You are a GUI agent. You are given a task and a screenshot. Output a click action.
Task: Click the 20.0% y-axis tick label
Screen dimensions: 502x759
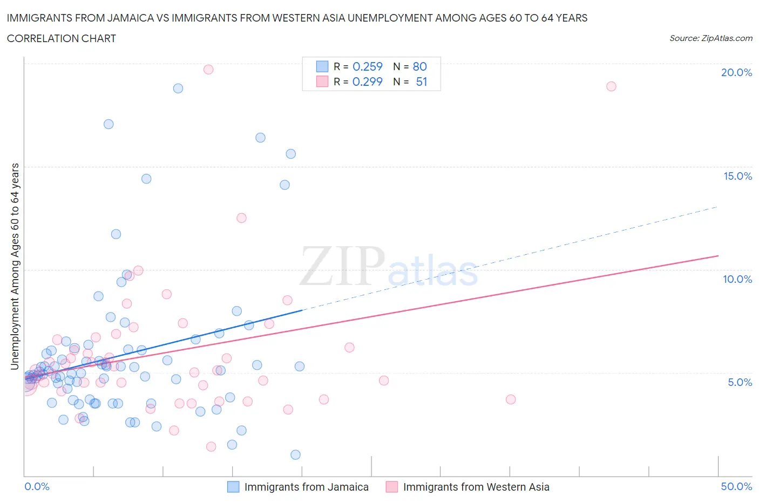click(736, 72)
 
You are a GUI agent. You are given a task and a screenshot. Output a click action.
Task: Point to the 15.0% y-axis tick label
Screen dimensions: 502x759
click(737, 176)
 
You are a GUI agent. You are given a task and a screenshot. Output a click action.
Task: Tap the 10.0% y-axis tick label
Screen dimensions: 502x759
click(737, 279)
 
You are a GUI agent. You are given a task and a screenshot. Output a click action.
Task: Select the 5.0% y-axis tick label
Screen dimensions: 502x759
click(740, 382)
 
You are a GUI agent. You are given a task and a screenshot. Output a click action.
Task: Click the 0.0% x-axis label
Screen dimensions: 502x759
click(37, 486)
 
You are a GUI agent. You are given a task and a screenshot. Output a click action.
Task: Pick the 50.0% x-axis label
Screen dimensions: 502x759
click(736, 486)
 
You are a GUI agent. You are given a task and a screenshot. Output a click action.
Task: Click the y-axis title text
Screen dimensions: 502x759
click(15, 267)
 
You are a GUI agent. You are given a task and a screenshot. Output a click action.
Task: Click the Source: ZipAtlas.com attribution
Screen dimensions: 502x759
click(710, 38)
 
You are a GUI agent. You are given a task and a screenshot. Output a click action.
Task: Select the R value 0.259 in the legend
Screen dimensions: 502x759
click(367, 66)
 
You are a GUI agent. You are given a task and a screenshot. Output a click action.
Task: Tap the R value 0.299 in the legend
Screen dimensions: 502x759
click(367, 82)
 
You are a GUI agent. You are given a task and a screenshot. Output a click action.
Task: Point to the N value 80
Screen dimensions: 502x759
click(419, 66)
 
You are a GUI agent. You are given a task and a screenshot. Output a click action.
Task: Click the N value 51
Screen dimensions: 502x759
click(421, 82)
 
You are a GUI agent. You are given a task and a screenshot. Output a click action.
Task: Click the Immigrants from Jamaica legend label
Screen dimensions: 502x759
click(306, 487)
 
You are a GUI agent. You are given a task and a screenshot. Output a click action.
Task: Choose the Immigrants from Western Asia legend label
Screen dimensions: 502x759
click(476, 487)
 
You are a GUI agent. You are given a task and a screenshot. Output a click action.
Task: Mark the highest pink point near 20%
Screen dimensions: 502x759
click(208, 69)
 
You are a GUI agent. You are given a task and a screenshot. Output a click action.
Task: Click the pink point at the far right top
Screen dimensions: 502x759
click(611, 86)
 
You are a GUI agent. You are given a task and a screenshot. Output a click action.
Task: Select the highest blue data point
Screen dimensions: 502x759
click(178, 89)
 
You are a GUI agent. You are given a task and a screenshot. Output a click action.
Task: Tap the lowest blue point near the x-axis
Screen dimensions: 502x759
click(295, 455)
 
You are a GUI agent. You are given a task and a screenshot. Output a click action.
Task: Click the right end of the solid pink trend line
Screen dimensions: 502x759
click(718, 255)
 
